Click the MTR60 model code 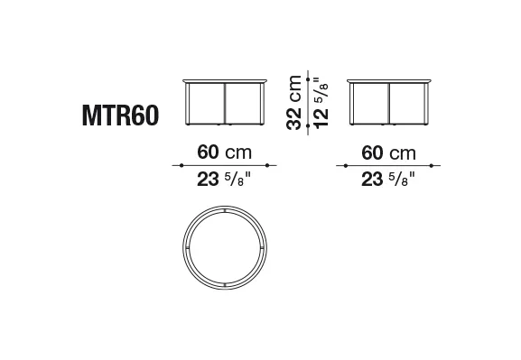tap(120, 115)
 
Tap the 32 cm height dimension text tap(293, 103)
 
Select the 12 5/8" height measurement tap(321, 103)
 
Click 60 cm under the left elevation tap(224, 152)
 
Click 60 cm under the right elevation tap(388, 153)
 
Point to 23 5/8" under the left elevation tap(224, 180)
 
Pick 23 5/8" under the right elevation tap(388, 180)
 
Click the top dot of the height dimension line tap(308, 79)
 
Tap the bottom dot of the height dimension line tap(308, 125)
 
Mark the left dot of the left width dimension tap(181, 165)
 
